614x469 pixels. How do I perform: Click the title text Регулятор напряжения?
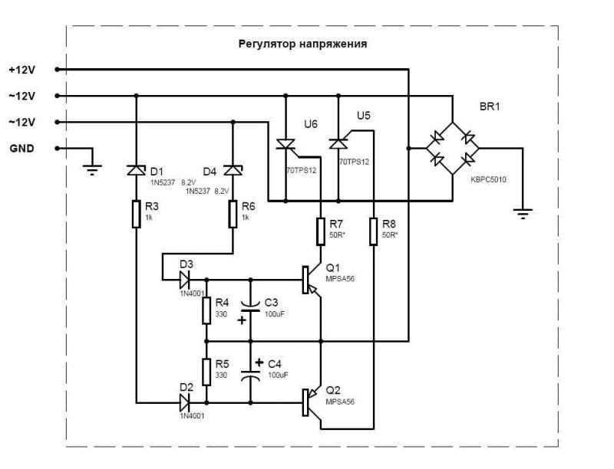(x=302, y=44)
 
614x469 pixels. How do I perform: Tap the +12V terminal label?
(x=22, y=69)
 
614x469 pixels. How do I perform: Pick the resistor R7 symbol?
(x=321, y=231)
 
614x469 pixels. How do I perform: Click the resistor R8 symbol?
(x=373, y=231)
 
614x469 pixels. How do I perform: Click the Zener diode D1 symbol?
(x=136, y=169)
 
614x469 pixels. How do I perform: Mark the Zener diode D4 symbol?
(x=233, y=169)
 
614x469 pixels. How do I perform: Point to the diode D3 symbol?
(x=185, y=279)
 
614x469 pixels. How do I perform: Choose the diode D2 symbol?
(x=185, y=401)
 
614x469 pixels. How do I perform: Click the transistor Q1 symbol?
(x=312, y=279)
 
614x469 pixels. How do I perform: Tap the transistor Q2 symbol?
(x=312, y=401)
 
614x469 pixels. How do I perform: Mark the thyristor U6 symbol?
(x=286, y=143)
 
